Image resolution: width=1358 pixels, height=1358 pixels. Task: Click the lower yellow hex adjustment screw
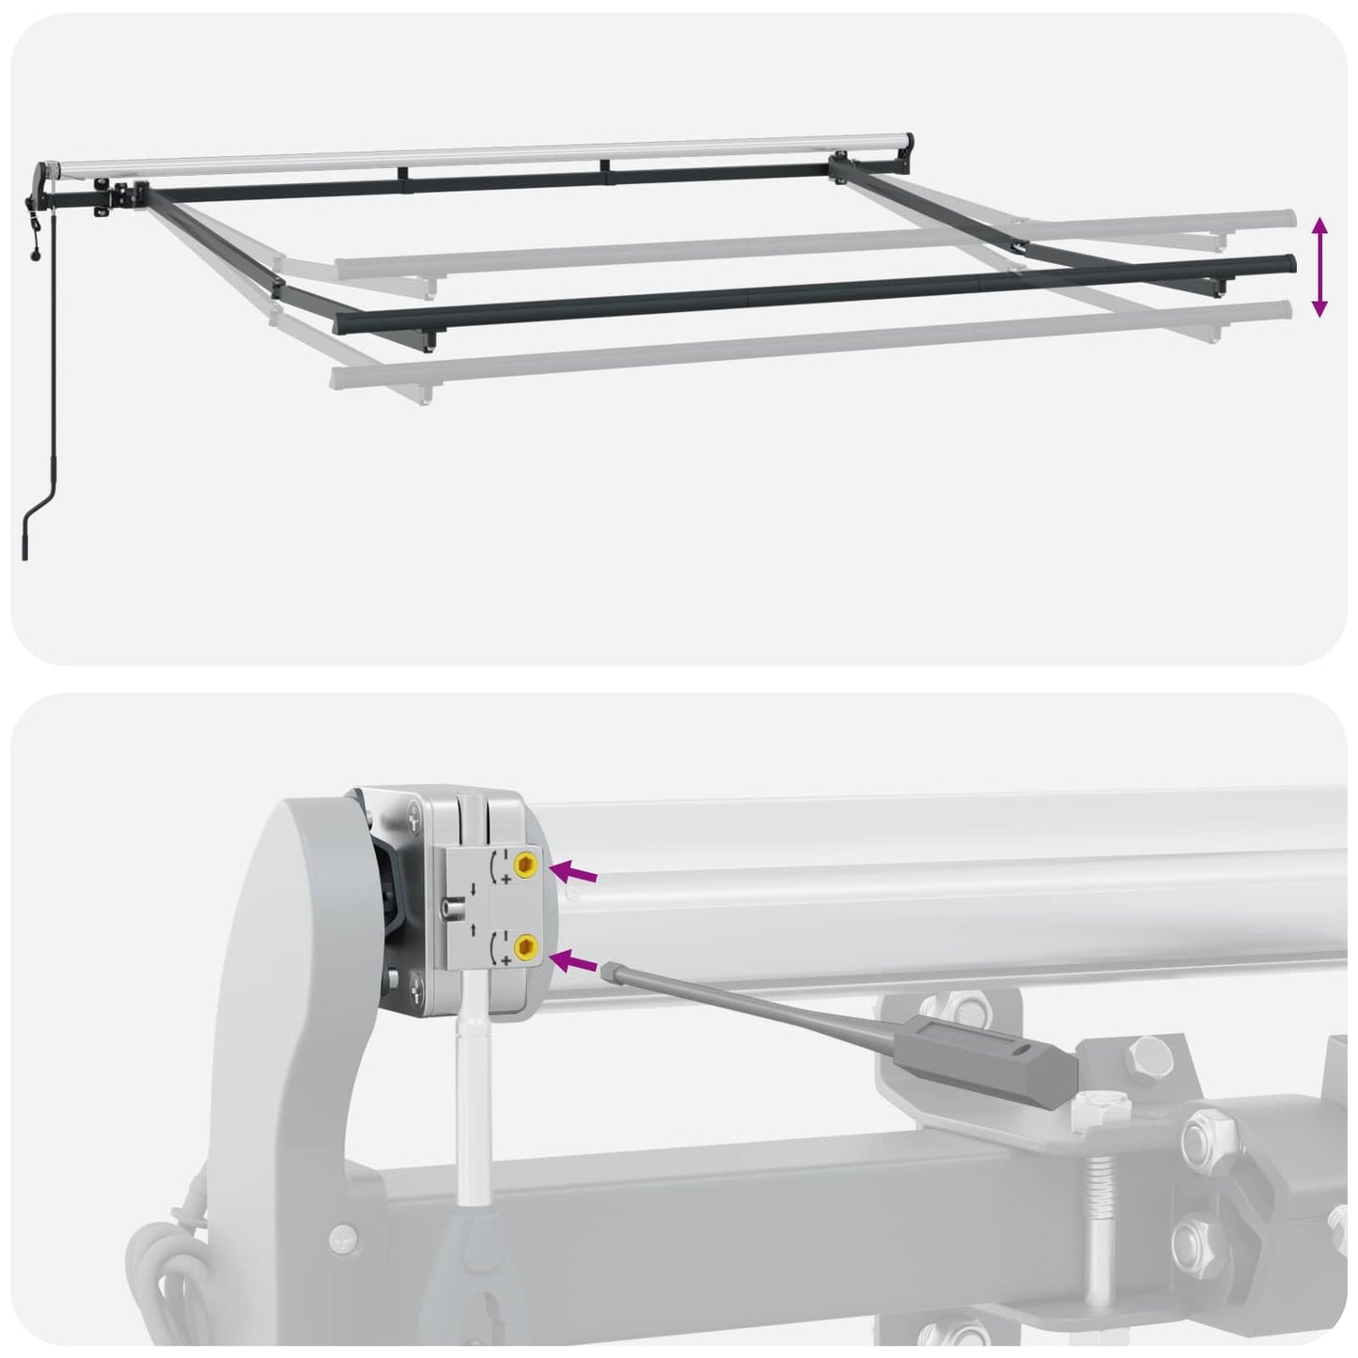click(x=527, y=951)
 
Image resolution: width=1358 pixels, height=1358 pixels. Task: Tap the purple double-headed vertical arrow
click(x=1319, y=267)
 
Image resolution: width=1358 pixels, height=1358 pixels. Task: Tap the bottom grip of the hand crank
click(x=24, y=545)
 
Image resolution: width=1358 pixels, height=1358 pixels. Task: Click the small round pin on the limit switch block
click(x=445, y=909)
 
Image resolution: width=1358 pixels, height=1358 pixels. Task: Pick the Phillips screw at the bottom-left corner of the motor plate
click(x=416, y=986)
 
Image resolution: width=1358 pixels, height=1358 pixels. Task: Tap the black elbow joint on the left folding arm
click(x=278, y=287)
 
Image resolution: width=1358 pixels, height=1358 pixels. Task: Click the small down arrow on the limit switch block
click(x=475, y=888)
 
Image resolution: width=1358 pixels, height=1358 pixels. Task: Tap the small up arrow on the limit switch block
click(x=475, y=929)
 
